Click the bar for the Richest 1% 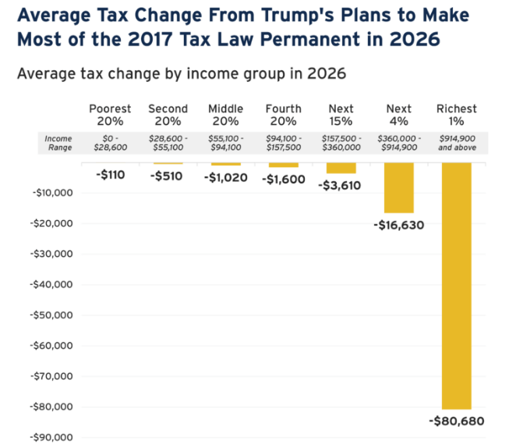pos(456,286)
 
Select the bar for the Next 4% pos(398,187)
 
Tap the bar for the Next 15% pos(341,168)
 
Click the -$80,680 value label pos(456,421)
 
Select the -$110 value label pos(111,176)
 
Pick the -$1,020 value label pos(225,177)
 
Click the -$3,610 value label pos(341,185)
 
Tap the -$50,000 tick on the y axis pos(52,315)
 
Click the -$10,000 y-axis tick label pos(52,192)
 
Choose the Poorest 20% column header pos(111,115)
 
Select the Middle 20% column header pos(225,115)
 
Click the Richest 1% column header pos(456,115)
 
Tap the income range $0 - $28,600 pos(111,142)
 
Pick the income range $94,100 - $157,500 pos(283,142)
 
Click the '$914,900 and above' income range pos(456,142)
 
